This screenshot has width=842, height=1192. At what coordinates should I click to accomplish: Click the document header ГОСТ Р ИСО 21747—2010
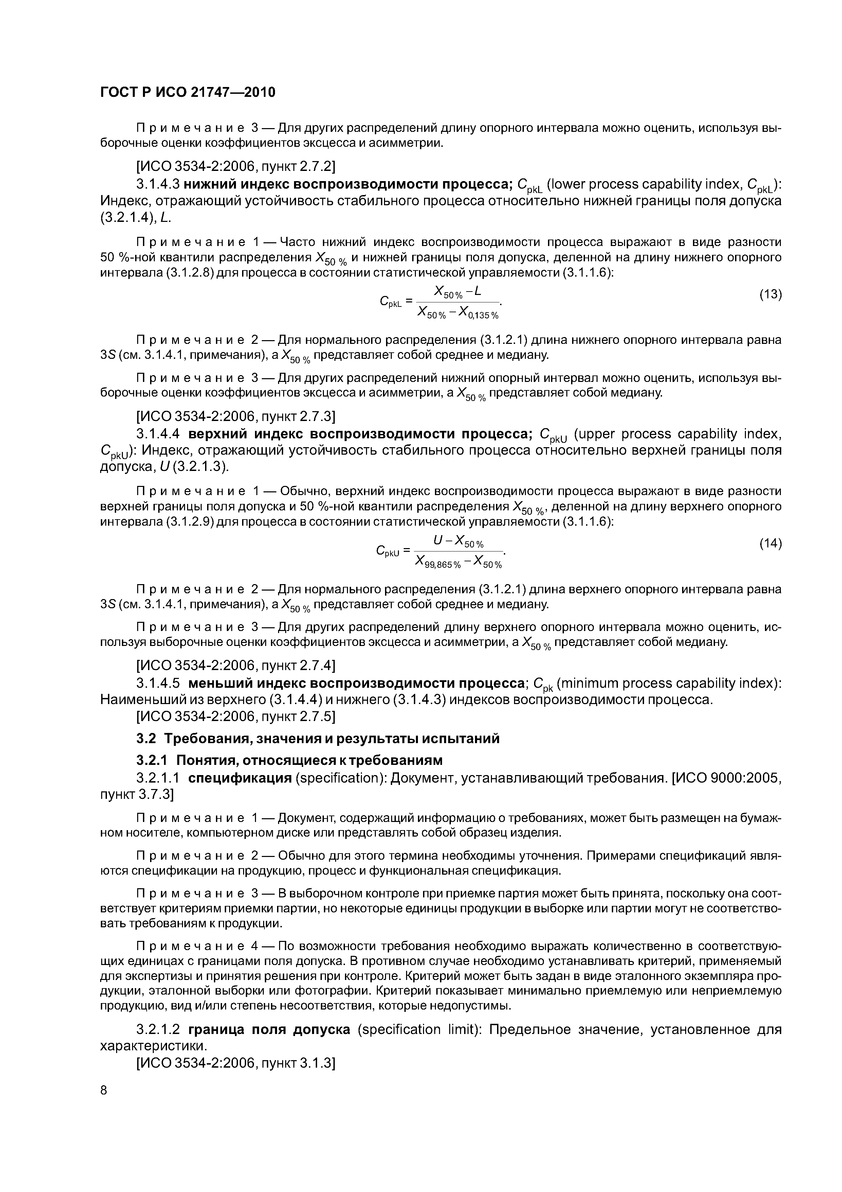point(187,92)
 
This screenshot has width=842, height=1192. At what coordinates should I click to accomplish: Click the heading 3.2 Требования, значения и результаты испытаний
point(317,738)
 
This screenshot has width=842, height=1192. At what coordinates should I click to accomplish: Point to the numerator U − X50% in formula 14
point(458,542)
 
